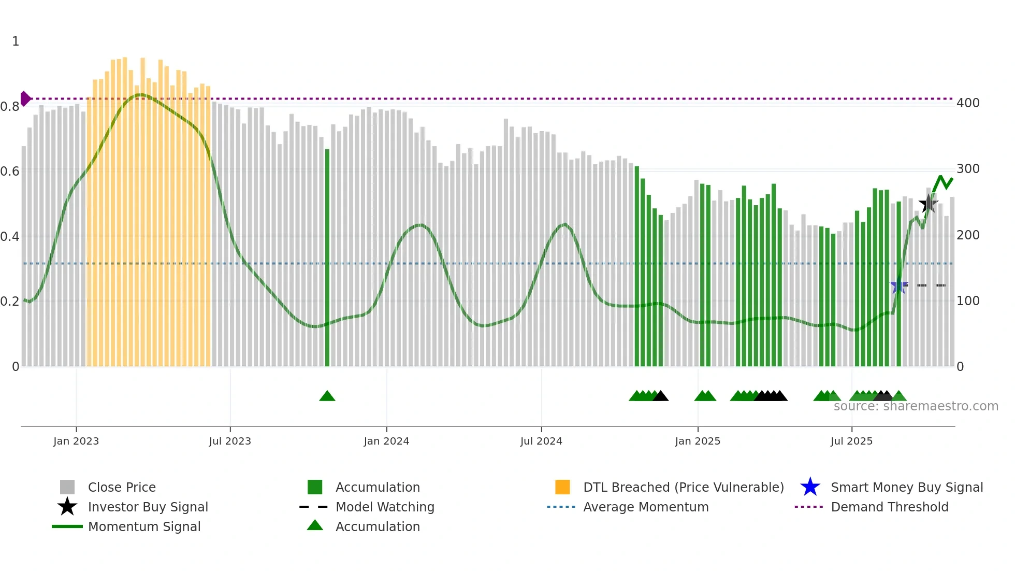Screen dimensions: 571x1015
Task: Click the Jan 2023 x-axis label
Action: coord(76,441)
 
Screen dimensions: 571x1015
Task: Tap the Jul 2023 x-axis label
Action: coord(230,441)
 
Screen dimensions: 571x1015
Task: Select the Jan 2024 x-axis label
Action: coord(386,441)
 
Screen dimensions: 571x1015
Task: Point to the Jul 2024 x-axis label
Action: coord(541,441)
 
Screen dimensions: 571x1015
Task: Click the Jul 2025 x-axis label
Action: coord(851,441)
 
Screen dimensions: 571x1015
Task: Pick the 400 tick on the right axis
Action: coord(968,103)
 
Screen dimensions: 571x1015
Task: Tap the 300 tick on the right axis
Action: coord(968,169)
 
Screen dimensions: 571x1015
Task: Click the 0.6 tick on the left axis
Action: coord(10,172)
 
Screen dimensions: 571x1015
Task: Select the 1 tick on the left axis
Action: coord(16,41)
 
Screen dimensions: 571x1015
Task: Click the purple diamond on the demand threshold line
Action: coord(25,98)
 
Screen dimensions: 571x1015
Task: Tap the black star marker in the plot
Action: coord(929,204)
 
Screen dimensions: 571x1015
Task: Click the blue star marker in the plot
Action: coord(898,285)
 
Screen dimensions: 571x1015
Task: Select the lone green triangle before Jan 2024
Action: coord(327,396)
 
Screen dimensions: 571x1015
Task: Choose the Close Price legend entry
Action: coord(121,487)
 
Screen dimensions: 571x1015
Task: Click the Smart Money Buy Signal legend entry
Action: coord(906,487)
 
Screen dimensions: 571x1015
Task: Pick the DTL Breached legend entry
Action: coord(683,487)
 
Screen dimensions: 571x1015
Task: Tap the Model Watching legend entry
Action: coord(384,507)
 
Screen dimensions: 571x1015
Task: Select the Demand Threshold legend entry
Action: coord(889,507)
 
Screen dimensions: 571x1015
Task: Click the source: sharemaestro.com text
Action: coord(916,406)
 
